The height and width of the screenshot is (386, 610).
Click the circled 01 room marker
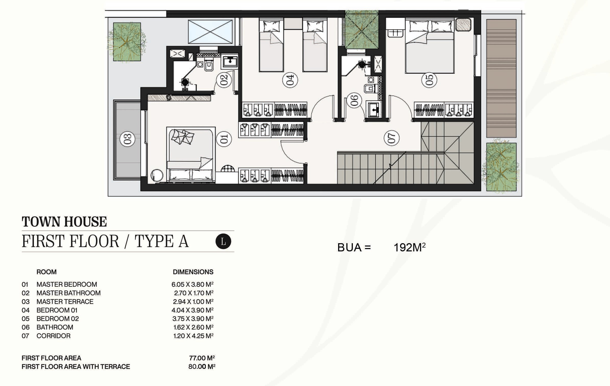click(224, 139)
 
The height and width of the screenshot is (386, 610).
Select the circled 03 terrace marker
click(127, 139)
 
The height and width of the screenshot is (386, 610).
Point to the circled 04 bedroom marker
click(290, 80)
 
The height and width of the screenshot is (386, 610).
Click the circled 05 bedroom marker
click(429, 80)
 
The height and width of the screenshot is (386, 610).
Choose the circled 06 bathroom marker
click(354, 100)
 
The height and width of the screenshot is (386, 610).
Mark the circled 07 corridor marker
click(391, 138)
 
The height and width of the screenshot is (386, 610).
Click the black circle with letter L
click(223, 241)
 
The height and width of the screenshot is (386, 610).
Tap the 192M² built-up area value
click(410, 247)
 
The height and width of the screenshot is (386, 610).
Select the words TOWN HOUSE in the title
click(64, 221)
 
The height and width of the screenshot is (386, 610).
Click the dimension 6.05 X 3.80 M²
click(192, 284)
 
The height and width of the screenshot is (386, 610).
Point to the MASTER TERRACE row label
click(65, 301)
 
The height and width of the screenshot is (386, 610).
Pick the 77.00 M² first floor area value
click(202, 358)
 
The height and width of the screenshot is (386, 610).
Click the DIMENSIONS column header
click(193, 272)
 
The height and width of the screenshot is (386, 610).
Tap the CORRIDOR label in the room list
click(53, 336)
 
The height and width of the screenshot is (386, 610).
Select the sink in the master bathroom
click(230, 62)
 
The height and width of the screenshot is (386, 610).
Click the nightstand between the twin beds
click(293, 24)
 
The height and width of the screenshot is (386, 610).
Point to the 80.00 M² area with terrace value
click(202, 367)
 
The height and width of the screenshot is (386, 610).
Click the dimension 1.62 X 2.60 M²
click(193, 327)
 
